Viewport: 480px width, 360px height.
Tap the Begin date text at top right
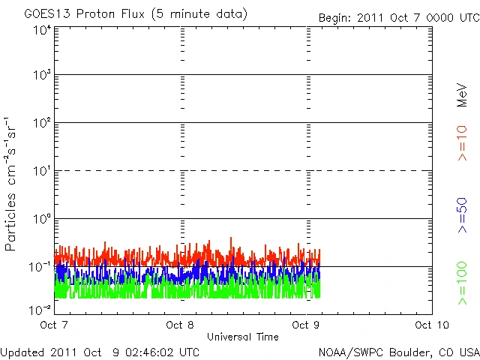click(x=398, y=17)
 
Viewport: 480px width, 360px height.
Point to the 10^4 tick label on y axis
click(x=42, y=29)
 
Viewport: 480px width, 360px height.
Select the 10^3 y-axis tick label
click(x=42, y=76)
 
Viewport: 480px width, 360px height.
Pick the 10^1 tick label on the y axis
click(x=42, y=172)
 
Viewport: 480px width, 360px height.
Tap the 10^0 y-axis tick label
click(x=42, y=220)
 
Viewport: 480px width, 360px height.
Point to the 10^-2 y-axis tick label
click(x=40, y=309)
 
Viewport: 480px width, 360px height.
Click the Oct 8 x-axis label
click(x=181, y=325)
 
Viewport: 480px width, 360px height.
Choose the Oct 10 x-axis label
click(x=429, y=325)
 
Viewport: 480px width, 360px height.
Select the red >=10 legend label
click(x=463, y=142)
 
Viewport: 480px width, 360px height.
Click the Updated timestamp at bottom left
click(x=100, y=351)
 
